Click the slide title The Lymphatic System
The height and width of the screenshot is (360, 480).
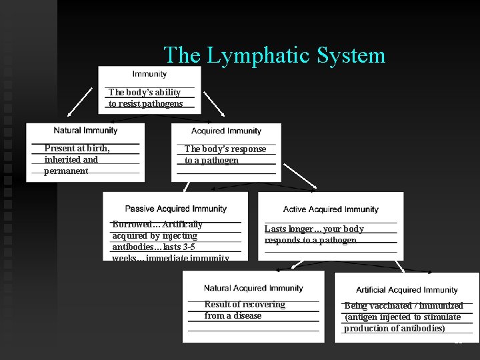(274, 55)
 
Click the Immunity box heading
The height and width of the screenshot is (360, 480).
(150, 74)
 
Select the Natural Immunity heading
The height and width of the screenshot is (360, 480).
(85, 131)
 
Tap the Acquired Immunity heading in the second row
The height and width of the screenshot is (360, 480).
(226, 131)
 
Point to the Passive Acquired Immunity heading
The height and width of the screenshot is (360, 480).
(176, 209)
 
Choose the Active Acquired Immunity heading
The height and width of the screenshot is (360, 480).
(331, 209)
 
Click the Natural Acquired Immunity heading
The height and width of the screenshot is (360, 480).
(253, 288)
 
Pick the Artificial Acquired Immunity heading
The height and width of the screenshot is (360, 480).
(407, 290)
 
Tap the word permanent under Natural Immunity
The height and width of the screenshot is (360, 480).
(66, 171)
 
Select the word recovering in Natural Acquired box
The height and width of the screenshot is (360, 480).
(263, 305)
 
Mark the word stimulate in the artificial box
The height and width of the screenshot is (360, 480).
(438, 317)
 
